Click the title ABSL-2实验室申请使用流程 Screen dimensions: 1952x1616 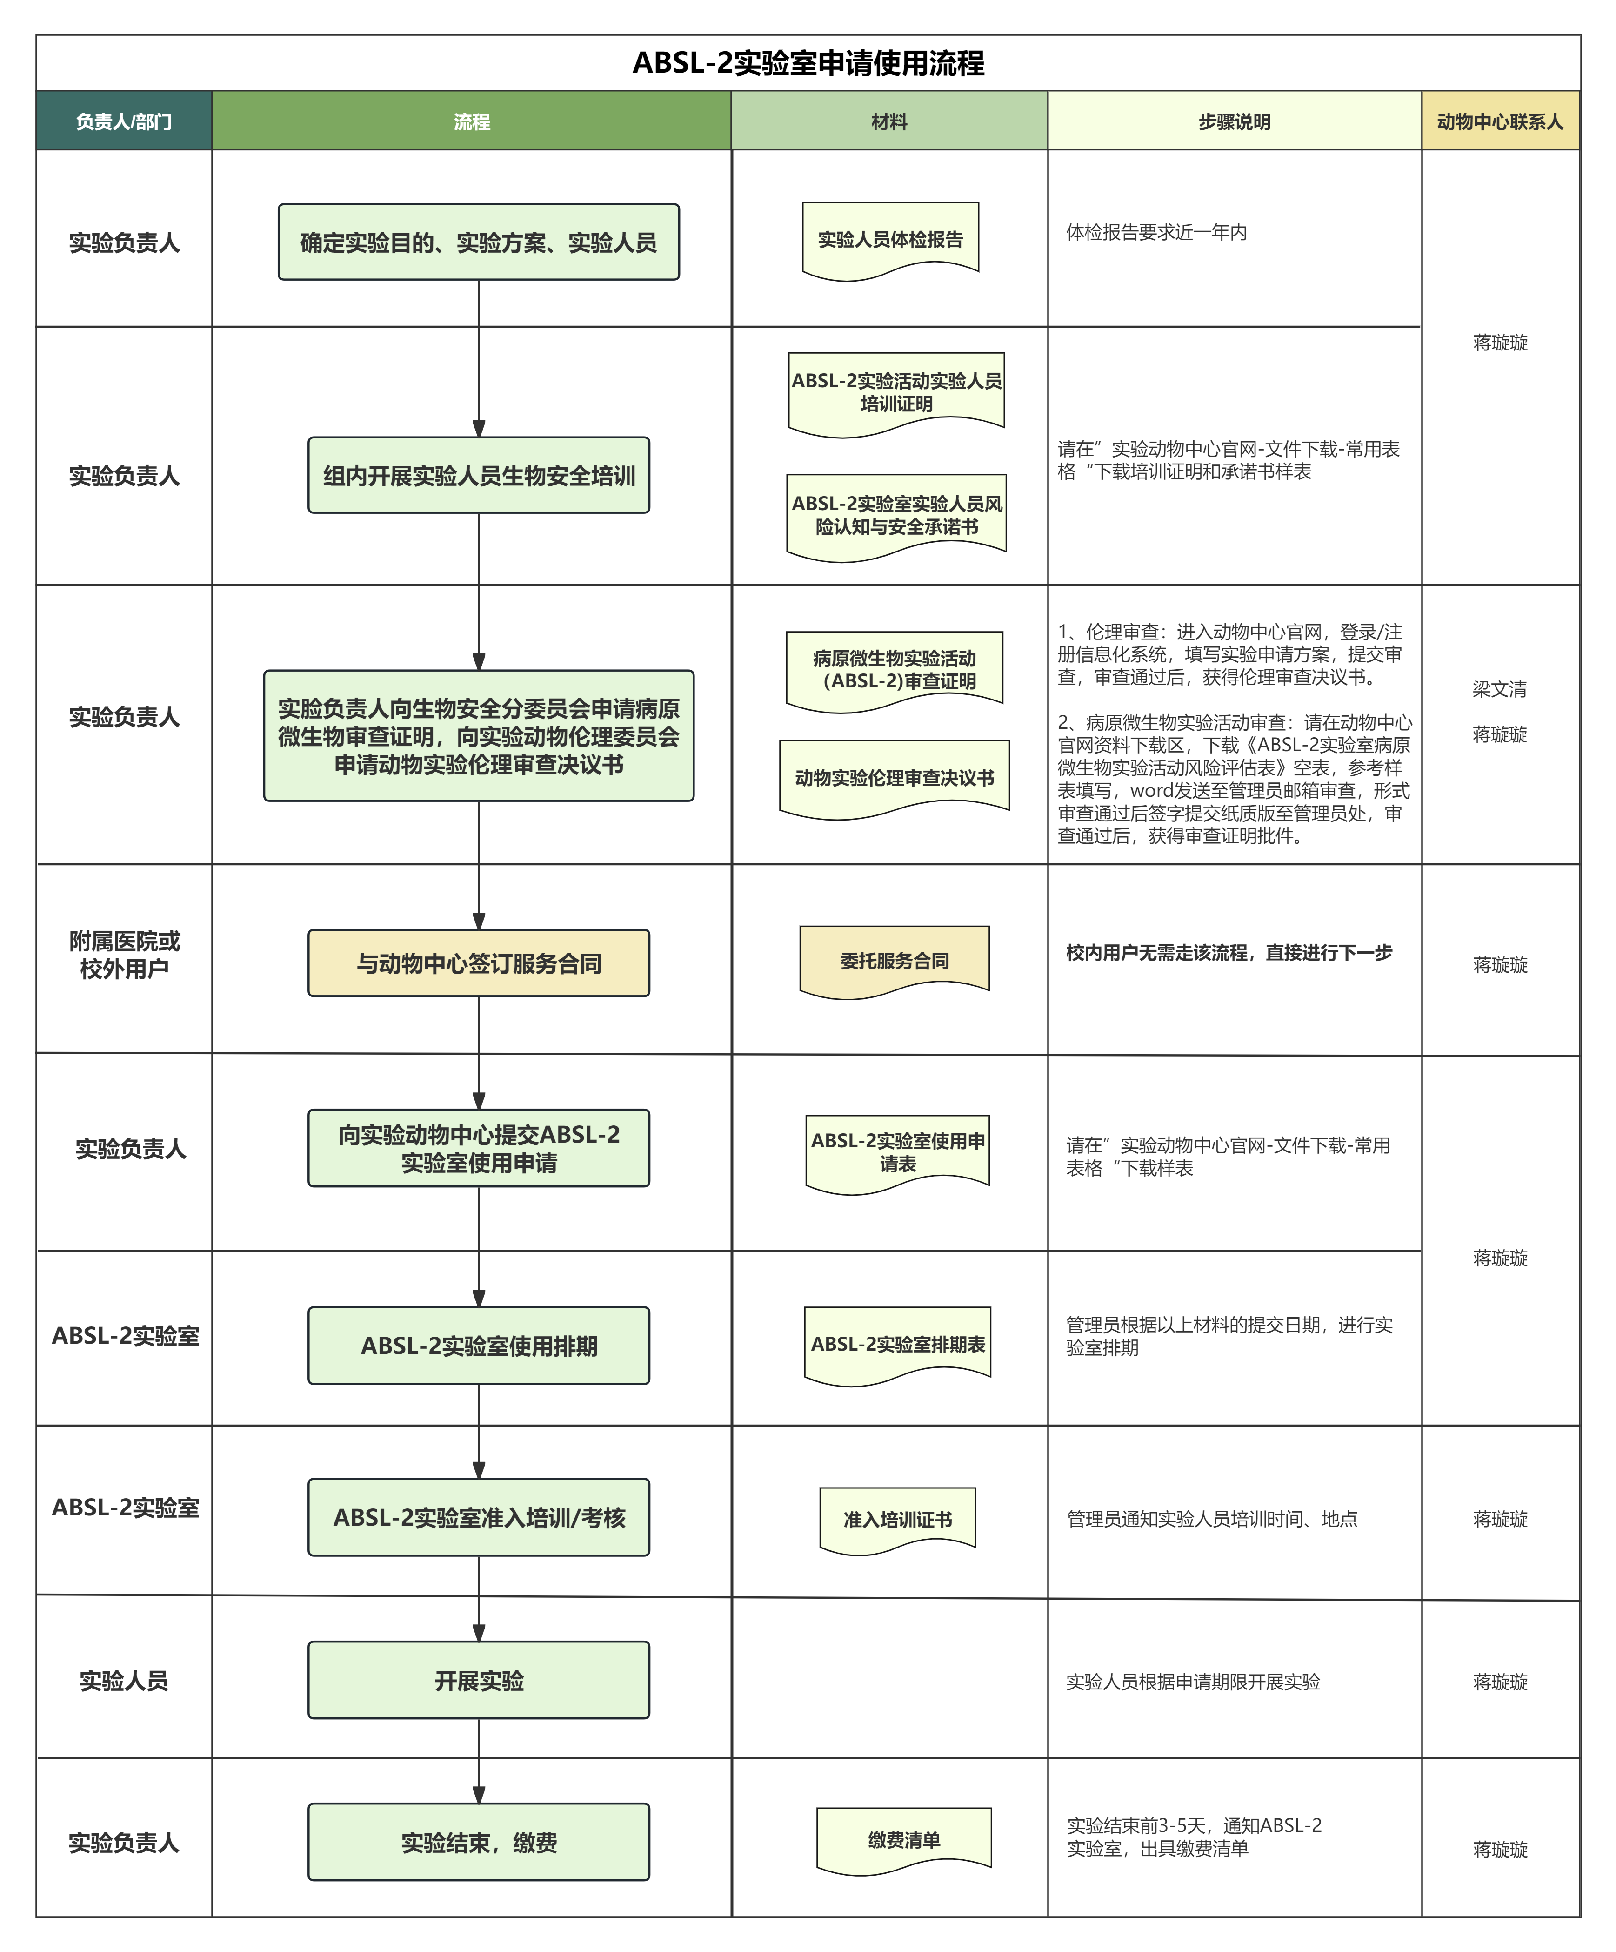[808, 63]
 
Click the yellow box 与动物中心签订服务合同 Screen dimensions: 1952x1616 [479, 963]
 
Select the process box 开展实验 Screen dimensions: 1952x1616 [479, 1681]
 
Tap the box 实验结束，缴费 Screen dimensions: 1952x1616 [479, 1842]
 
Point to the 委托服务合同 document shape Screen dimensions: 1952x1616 [894, 960]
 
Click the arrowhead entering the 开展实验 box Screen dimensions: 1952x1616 [479, 1633]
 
